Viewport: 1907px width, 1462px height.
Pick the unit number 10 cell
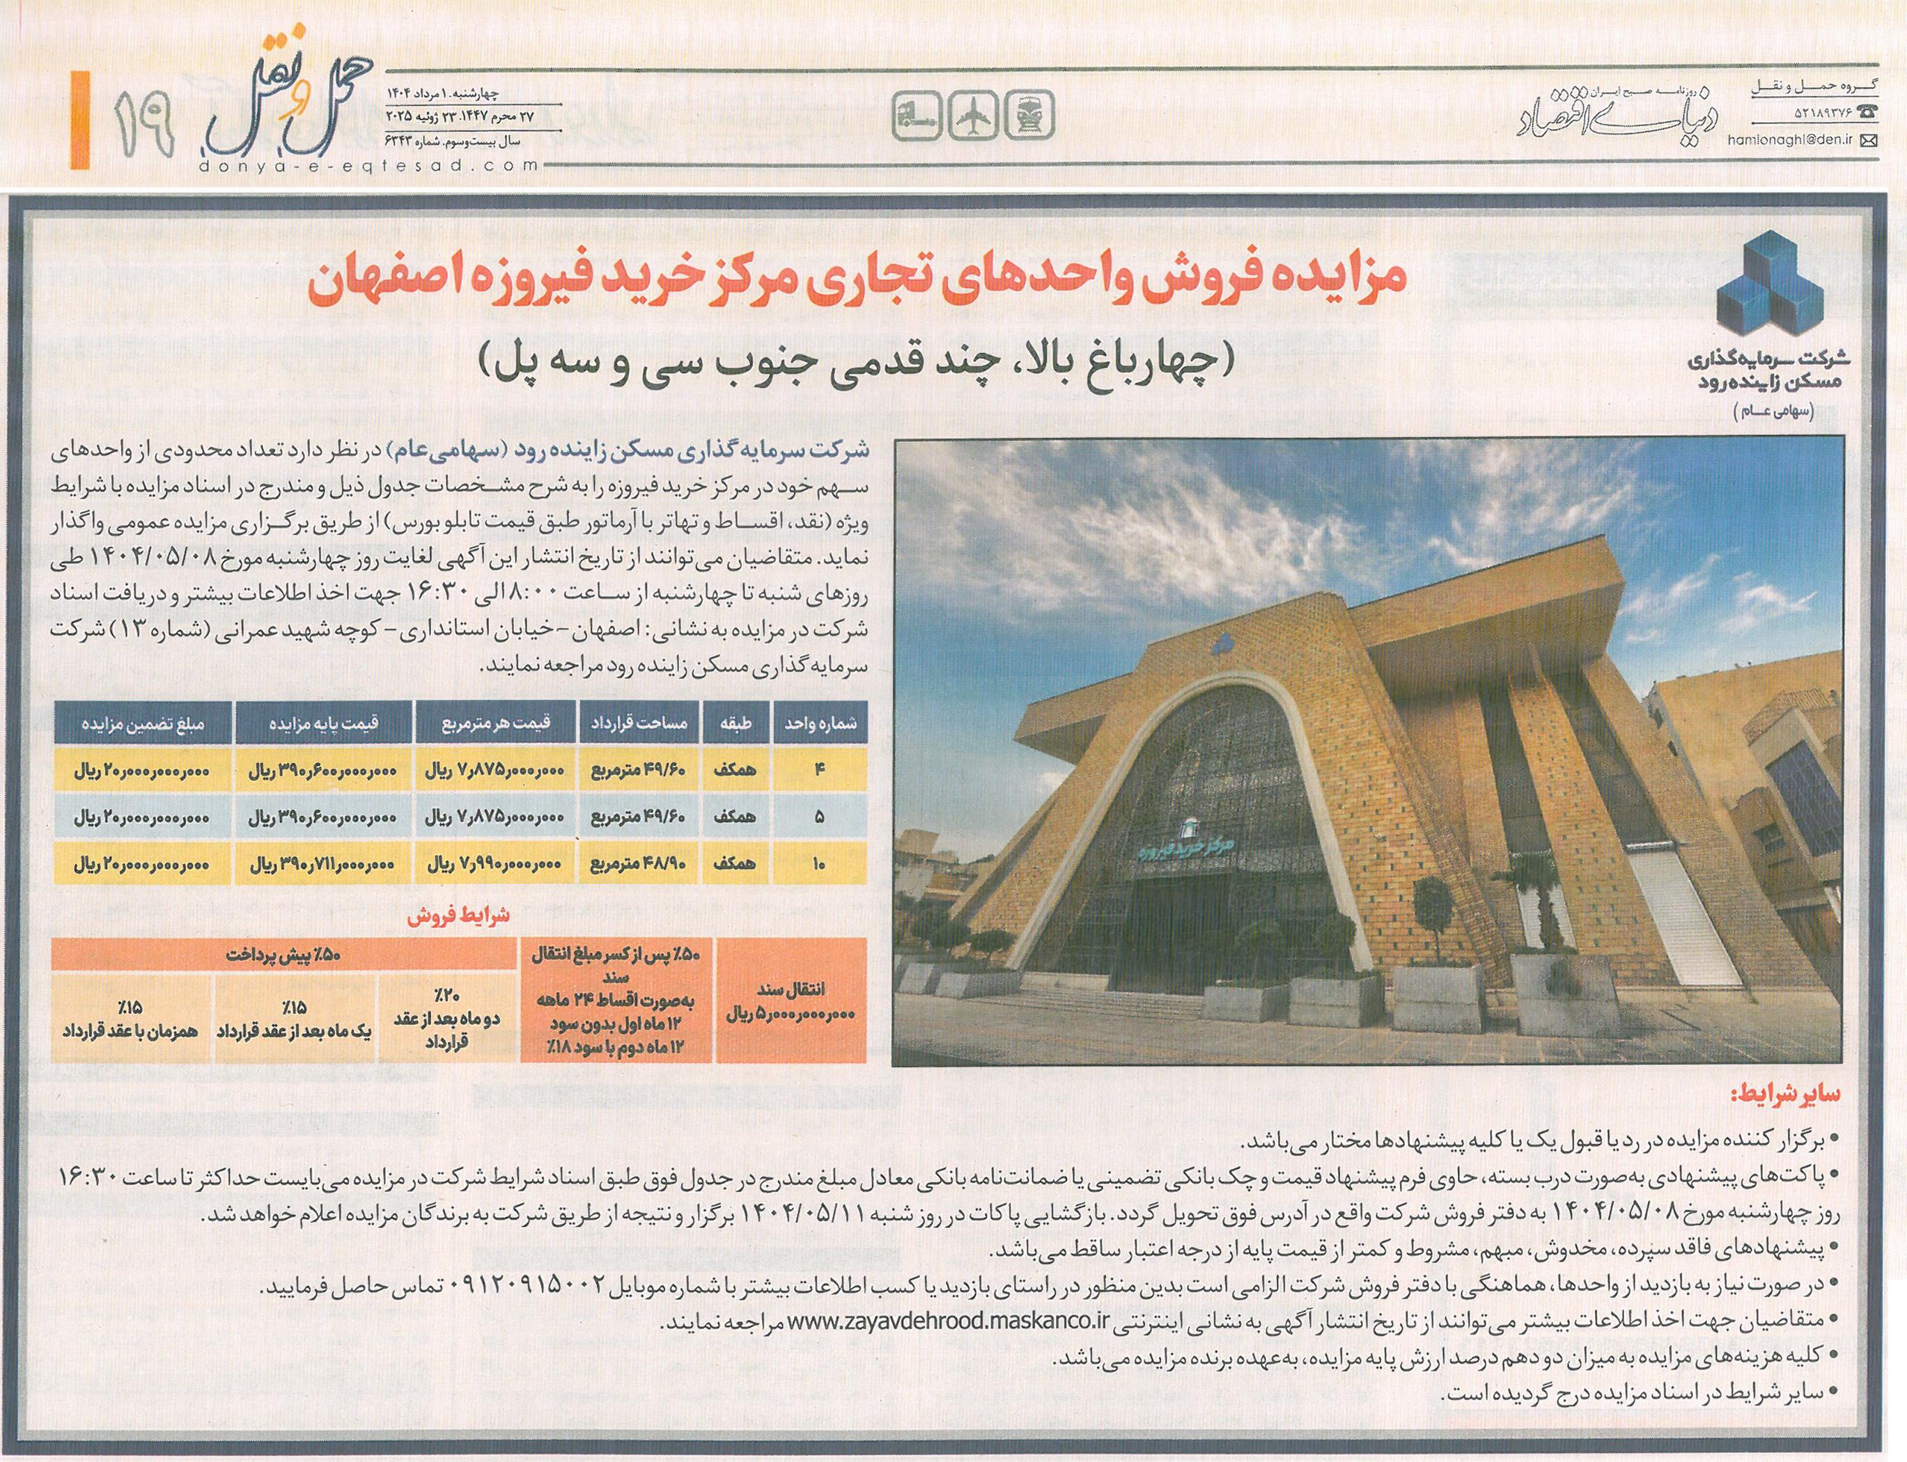click(x=820, y=867)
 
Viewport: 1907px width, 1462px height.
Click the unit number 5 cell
click(x=820, y=819)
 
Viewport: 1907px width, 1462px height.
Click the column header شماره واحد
click(x=820, y=723)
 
